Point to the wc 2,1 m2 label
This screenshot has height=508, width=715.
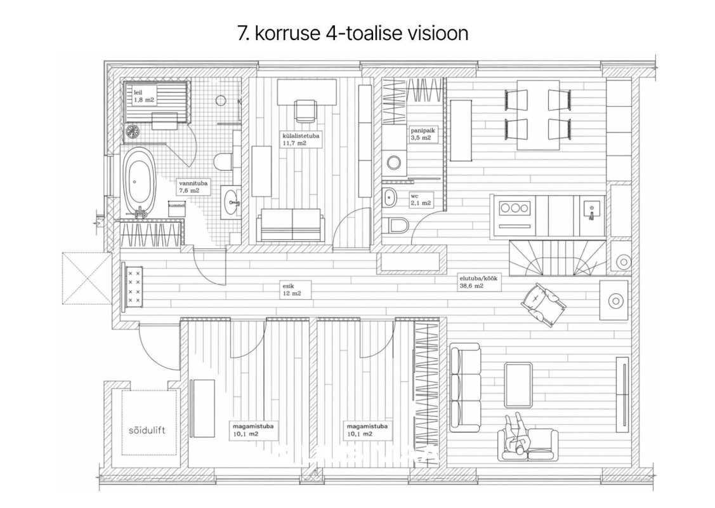[421, 200]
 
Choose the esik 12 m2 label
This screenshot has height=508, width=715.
[292, 290]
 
